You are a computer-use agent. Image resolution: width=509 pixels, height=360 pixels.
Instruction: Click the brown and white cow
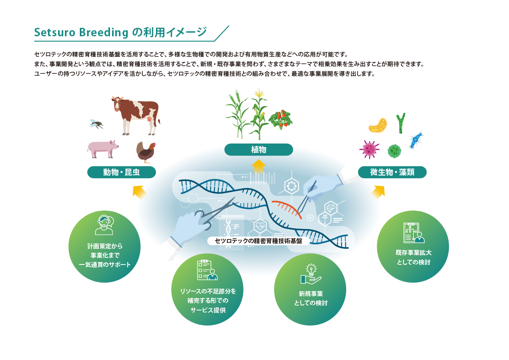pyautogui.click(x=136, y=115)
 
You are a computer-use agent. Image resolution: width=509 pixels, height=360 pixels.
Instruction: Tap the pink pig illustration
pyautogui.click(x=103, y=149)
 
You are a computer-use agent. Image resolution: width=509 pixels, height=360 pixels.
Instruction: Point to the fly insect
pyautogui.click(x=97, y=124)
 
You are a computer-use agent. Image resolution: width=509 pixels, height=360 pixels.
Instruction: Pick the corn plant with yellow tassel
pyautogui.click(x=259, y=114)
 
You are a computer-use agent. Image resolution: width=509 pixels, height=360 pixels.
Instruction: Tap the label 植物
pyautogui.click(x=259, y=150)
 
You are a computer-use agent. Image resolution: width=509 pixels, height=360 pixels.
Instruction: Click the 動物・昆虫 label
pyautogui.click(x=122, y=172)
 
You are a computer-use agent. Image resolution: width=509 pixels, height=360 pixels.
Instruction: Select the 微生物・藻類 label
pyautogui.click(x=392, y=172)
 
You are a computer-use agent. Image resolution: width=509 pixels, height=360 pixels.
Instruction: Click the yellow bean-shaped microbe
pyautogui.click(x=378, y=125)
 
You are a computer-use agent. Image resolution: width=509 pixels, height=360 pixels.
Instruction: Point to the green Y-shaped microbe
pyautogui.click(x=401, y=123)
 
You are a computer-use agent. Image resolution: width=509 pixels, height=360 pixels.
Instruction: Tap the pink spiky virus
pyautogui.click(x=369, y=149)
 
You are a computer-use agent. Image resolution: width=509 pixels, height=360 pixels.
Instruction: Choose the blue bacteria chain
pyautogui.click(x=416, y=140)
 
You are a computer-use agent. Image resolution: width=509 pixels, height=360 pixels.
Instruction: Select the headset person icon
pyautogui.click(x=104, y=225)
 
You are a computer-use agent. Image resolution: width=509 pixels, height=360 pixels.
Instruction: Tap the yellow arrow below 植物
pyautogui.click(x=259, y=166)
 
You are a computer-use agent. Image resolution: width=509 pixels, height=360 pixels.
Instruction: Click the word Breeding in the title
pyautogui.click(x=104, y=33)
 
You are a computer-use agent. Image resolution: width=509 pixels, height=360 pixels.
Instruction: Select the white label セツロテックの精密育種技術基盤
pyautogui.click(x=258, y=241)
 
